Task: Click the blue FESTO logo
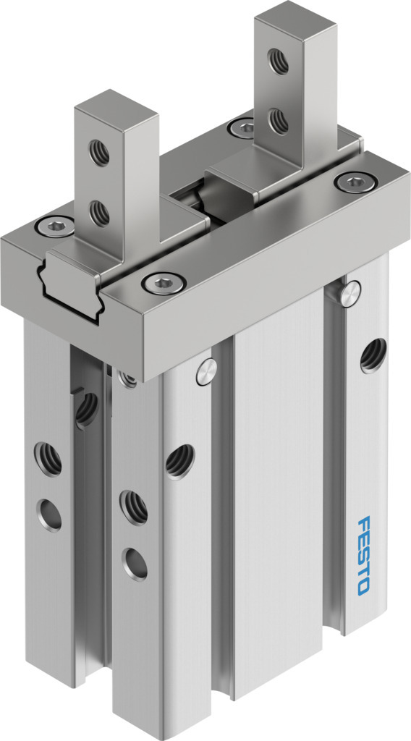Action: pos(364,555)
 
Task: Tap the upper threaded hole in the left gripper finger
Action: pos(99,153)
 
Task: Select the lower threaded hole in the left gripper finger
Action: pos(99,213)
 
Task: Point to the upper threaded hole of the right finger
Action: pos(279,62)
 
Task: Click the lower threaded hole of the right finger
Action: pos(279,121)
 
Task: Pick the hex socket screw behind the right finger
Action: pos(243,127)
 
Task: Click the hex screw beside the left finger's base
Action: pos(55,226)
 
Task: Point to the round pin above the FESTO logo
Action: pos(350,294)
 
